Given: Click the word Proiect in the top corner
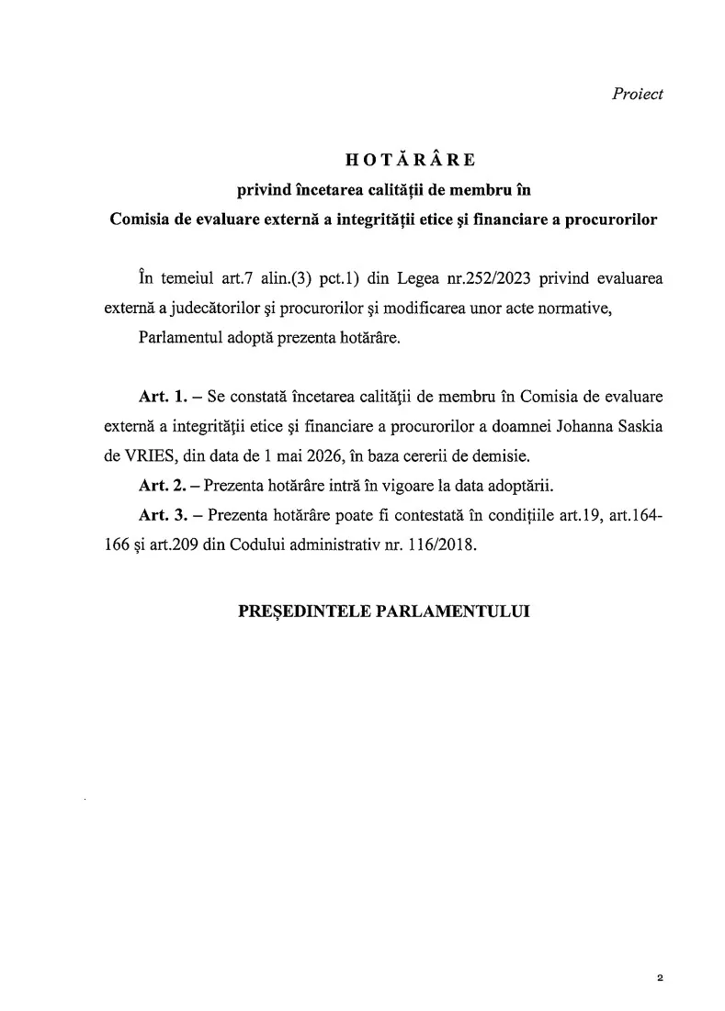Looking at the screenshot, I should point(638,95).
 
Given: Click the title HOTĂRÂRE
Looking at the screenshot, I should point(410,160).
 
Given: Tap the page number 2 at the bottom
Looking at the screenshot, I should point(660,979).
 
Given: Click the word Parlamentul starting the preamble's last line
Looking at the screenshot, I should point(182,337).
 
